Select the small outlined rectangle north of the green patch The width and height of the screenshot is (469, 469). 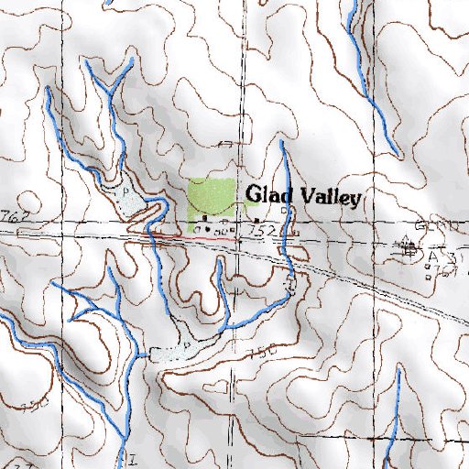click(226, 143)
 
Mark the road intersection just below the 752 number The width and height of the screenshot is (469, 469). click(238, 241)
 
